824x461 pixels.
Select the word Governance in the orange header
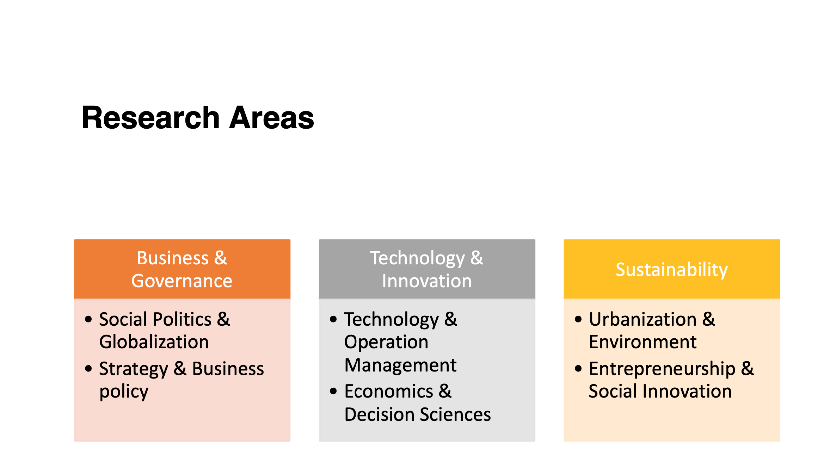pyautogui.click(x=182, y=281)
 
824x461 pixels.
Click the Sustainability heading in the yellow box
pyautogui.click(x=672, y=270)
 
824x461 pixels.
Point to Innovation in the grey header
pyautogui.click(x=427, y=281)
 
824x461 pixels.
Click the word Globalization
pyautogui.click(x=154, y=342)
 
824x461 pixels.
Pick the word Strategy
pyautogui.click(x=134, y=369)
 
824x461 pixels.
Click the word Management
pyautogui.click(x=400, y=365)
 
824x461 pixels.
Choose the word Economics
pyautogui.click(x=389, y=391)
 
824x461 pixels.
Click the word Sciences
pyautogui.click(x=455, y=414)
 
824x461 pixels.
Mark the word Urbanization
pyautogui.click(x=643, y=319)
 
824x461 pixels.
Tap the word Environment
pyautogui.click(x=643, y=342)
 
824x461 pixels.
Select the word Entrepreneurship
pyautogui.click(x=662, y=369)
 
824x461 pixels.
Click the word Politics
pyautogui.click(x=182, y=319)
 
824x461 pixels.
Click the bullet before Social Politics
pyautogui.click(x=88, y=319)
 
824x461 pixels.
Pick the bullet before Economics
pyautogui.click(x=333, y=391)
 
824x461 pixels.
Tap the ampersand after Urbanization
pyautogui.click(x=709, y=319)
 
